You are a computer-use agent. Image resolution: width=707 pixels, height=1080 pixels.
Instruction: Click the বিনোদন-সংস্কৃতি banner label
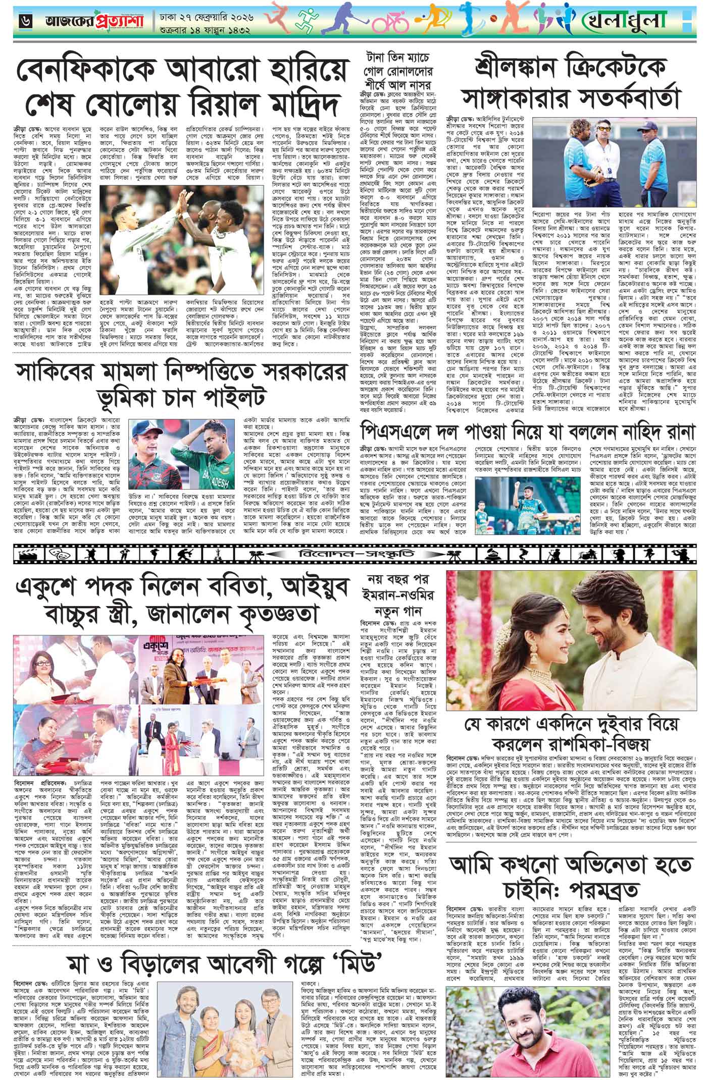(353, 552)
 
